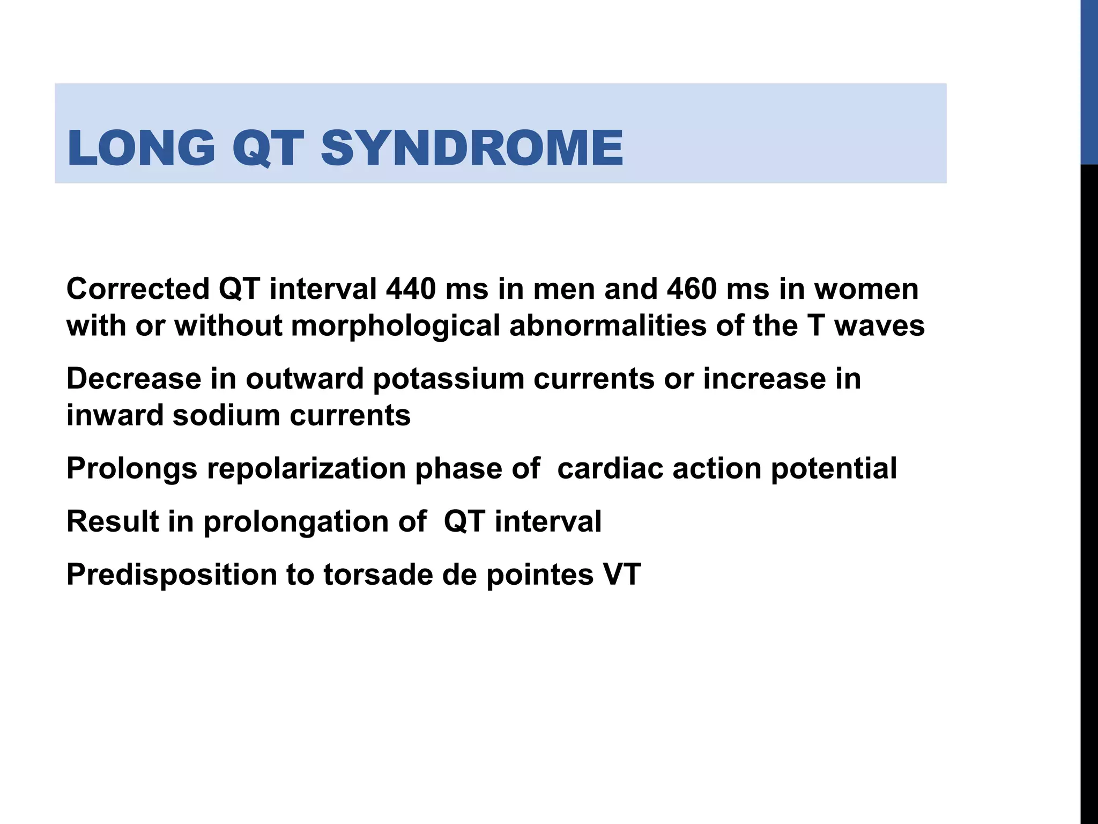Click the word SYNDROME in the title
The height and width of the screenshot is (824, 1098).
pos(472,148)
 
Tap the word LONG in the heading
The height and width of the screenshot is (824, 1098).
pos(141,148)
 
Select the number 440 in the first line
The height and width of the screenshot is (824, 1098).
pos(411,289)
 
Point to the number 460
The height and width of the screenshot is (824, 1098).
pos(692,289)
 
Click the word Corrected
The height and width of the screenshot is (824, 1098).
pos(138,289)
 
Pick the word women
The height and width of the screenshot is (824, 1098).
pos(866,289)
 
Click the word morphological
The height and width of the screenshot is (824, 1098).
pos(396,326)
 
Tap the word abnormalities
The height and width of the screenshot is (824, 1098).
pos(607,326)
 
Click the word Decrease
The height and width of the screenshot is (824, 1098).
pos(133,378)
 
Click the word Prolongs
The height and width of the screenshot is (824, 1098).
pos(132,468)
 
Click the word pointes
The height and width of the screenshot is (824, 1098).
pos(540,575)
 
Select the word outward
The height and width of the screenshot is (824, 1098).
pos(305,378)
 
